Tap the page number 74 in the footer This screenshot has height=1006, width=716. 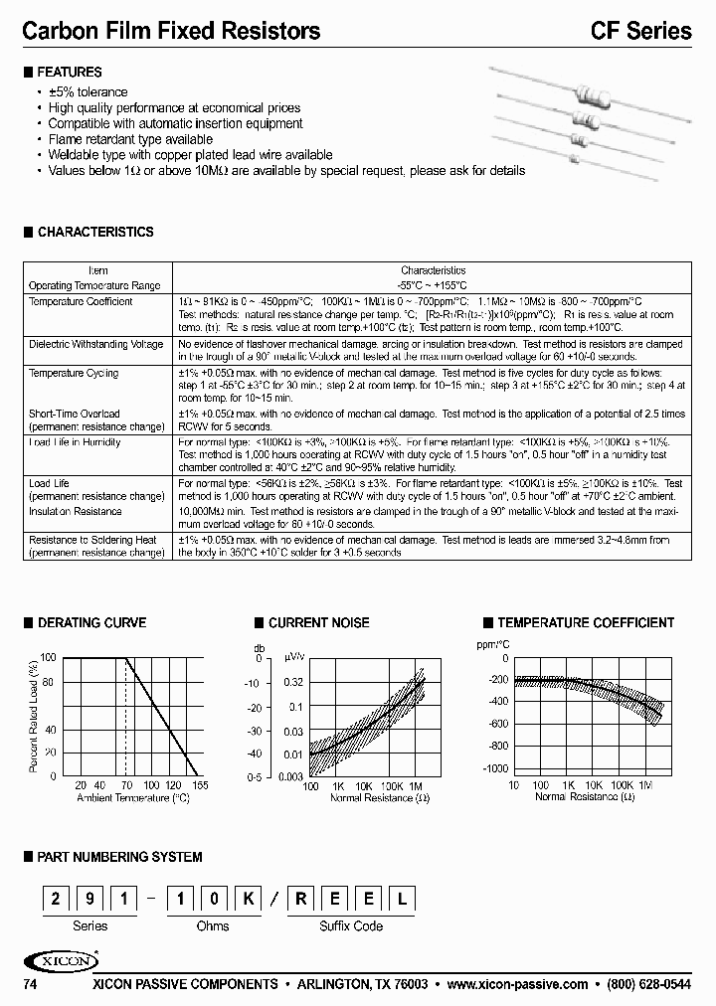pyautogui.click(x=30, y=984)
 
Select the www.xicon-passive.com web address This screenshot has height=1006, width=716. pyautogui.click(x=517, y=984)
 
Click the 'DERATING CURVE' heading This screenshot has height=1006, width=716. pyautogui.click(x=91, y=623)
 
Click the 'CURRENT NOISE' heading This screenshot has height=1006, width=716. pyautogui.click(x=318, y=623)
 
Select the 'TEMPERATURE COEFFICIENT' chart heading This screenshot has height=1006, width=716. pyautogui.click(x=586, y=623)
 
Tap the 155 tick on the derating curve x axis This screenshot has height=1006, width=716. pyautogui.click(x=199, y=785)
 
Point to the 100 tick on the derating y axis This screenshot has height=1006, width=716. pyautogui.click(x=49, y=658)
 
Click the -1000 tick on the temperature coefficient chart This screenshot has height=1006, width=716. pyautogui.click(x=495, y=769)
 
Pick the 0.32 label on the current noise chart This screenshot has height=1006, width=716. pyautogui.click(x=294, y=683)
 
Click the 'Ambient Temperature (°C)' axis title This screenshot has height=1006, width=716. pyautogui.click(x=132, y=798)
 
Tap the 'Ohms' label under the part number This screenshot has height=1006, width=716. pyautogui.click(x=213, y=925)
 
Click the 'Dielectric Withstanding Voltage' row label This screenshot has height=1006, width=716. pyautogui.click(x=95, y=344)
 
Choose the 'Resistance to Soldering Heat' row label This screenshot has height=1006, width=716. pyautogui.click(x=92, y=540)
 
